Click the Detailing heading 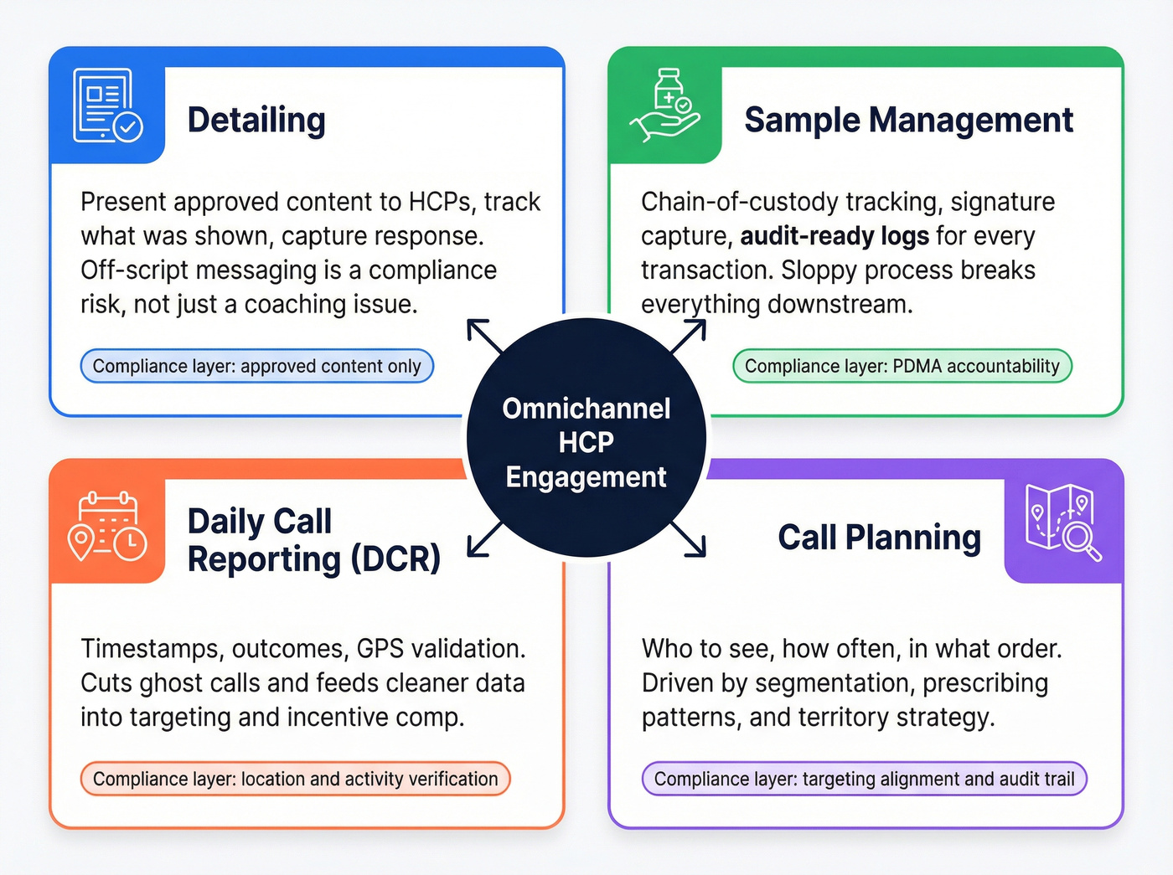(256, 120)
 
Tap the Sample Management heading (908, 120)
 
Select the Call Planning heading (879, 537)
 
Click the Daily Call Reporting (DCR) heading (313, 540)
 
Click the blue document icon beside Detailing (107, 106)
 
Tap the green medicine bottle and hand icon (665, 106)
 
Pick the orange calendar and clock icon (107, 527)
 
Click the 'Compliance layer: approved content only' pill (256, 366)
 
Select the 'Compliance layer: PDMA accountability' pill (902, 366)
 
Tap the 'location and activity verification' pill (295, 779)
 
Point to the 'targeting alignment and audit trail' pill (864, 779)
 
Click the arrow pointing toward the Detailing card (484, 337)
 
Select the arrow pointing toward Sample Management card (689, 337)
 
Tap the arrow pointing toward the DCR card (484, 538)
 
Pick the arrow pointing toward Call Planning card (689, 538)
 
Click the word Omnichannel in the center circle (586, 409)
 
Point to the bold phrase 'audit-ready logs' (834, 236)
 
